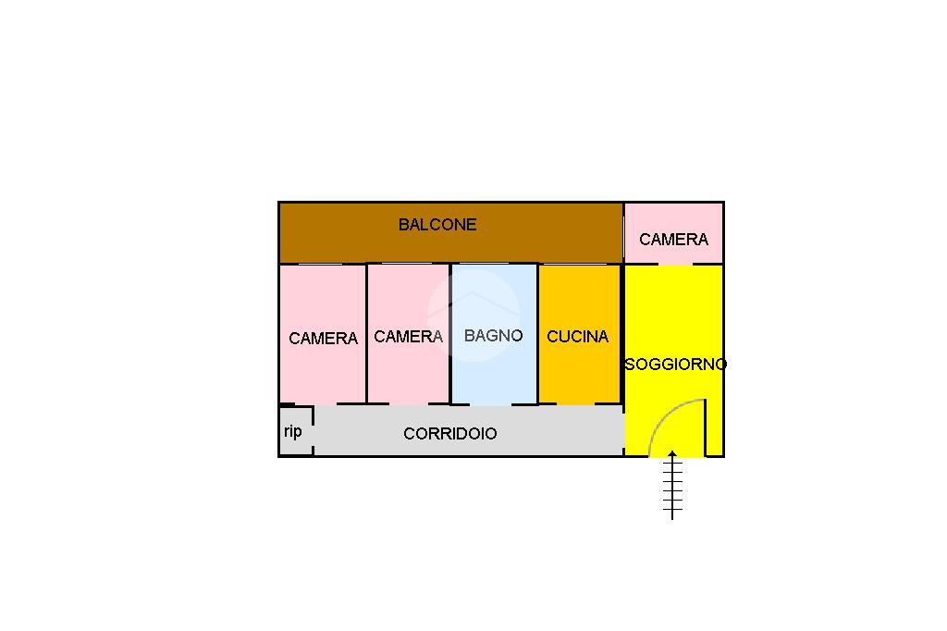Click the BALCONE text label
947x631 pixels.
tap(437, 225)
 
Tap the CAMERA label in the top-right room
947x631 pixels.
tap(673, 240)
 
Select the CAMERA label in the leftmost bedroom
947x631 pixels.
tap(323, 339)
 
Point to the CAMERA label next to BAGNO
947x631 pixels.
tap(408, 337)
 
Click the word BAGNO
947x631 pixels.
tap(493, 336)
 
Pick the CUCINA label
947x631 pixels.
tap(577, 337)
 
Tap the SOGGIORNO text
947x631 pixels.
tap(675, 365)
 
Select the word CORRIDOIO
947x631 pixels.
tap(449, 434)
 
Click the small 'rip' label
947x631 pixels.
tap(292, 431)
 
